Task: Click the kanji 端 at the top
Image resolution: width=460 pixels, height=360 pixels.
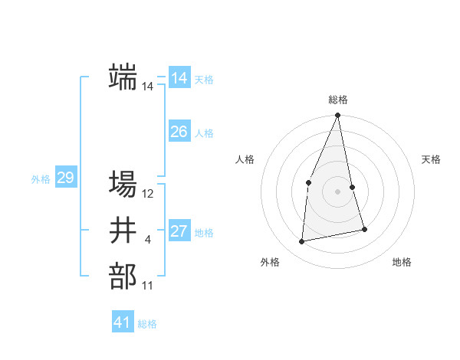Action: (123, 77)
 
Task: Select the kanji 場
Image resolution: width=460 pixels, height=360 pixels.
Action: (123, 184)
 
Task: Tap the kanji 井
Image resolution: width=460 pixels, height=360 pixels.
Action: (123, 231)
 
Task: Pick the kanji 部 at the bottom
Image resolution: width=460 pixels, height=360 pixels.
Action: (123, 277)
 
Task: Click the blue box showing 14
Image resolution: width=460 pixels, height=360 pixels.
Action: (179, 78)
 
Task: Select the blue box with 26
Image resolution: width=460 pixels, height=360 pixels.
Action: (179, 132)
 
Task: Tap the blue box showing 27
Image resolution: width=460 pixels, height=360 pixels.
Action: (179, 231)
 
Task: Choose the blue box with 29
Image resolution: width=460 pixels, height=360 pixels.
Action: (65, 178)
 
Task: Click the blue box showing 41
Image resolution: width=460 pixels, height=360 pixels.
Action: (123, 322)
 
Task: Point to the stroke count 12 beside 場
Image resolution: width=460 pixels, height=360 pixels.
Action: (148, 194)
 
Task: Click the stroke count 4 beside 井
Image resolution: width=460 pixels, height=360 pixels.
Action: (147, 241)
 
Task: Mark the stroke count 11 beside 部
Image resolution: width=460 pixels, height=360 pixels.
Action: (147, 286)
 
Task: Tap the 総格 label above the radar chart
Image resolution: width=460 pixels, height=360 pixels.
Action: (338, 100)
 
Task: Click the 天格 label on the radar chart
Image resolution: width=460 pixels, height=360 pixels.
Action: (431, 159)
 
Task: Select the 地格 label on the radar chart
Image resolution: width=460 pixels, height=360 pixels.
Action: (402, 262)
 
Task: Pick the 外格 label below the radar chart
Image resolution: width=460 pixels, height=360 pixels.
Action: (270, 262)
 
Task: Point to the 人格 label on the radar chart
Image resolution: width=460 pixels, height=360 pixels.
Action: (245, 159)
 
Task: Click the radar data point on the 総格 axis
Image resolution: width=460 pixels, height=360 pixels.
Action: (337, 116)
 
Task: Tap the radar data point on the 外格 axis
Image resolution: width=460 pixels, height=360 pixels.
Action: (302, 241)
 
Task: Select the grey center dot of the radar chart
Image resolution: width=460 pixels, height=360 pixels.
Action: (337, 191)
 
